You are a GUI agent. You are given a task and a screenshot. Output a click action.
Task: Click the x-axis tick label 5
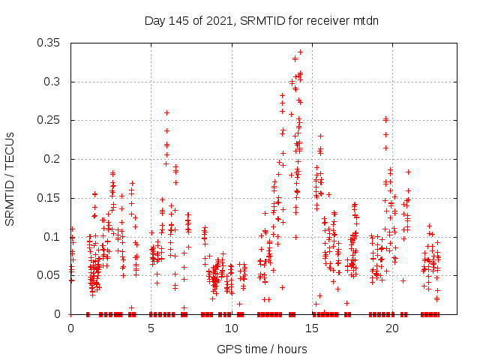pos(151,328)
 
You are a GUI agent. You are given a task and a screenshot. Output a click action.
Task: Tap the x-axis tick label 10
pos(232,328)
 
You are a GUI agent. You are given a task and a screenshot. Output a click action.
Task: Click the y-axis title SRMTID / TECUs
pos(10,178)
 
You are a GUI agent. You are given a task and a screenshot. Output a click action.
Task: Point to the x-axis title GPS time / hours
pos(262,349)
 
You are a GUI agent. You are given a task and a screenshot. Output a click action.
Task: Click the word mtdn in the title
pos(366,21)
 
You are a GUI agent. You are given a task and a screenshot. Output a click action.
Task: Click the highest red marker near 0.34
pos(300,52)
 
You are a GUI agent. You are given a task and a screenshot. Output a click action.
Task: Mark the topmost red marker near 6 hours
pos(166,113)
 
